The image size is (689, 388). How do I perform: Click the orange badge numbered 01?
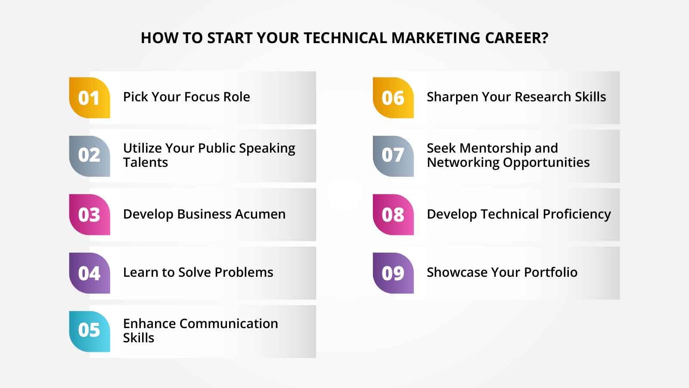[x=90, y=98]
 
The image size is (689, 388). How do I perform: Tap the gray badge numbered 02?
[x=90, y=156]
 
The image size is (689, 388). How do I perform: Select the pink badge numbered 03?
[x=90, y=215]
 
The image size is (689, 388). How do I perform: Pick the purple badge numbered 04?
[x=90, y=273]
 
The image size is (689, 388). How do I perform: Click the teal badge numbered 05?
[x=90, y=331]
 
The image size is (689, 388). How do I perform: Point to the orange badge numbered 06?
[x=393, y=98]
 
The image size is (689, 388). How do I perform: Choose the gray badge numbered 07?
[x=393, y=156]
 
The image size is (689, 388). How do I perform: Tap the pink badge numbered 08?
[x=393, y=215]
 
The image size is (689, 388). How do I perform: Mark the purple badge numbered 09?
[x=393, y=273]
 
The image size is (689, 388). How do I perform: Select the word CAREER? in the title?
[x=517, y=38]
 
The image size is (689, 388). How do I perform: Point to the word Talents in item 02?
[x=146, y=163]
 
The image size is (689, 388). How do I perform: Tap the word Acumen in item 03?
[x=261, y=214]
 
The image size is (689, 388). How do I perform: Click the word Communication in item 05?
[x=229, y=323]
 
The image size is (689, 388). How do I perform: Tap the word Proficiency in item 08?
[x=577, y=214]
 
